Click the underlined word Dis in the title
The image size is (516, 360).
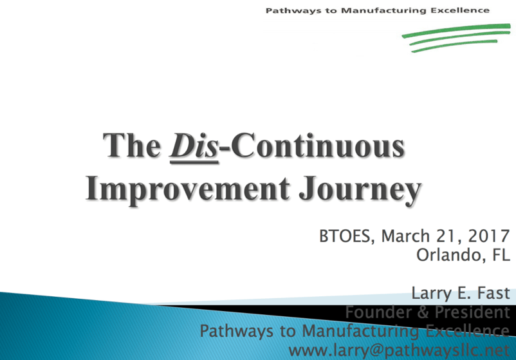(x=194, y=146)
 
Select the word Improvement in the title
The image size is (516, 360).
(x=188, y=189)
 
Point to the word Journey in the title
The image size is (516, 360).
(x=360, y=190)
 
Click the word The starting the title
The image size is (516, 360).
(x=132, y=146)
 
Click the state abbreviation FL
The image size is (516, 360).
(x=501, y=254)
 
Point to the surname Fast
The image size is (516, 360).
(x=493, y=293)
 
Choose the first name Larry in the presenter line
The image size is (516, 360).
(x=432, y=294)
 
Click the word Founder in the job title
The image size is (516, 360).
(x=378, y=312)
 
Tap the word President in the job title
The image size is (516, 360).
(x=472, y=312)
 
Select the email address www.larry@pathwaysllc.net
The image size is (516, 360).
(x=399, y=350)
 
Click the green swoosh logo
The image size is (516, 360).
(x=456, y=37)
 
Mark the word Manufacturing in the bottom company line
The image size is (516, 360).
(x=361, y=332)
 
